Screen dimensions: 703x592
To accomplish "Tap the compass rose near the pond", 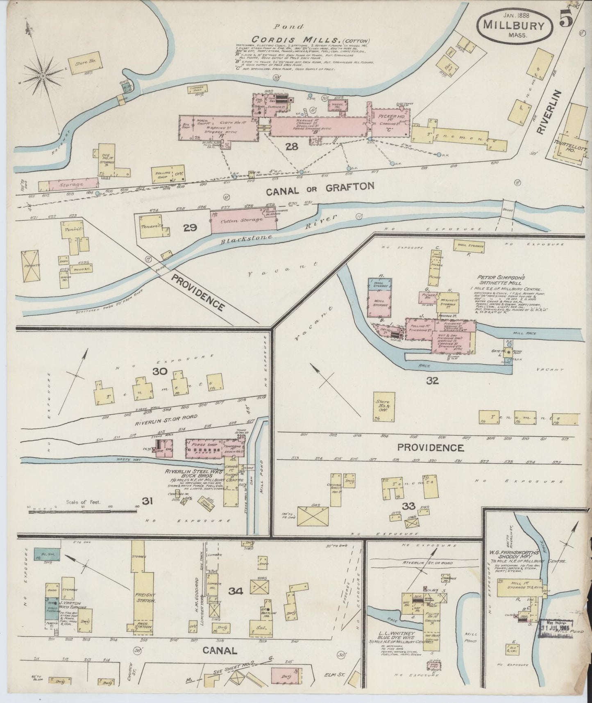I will (43, 76).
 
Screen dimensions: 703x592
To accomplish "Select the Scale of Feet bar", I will (82, 511).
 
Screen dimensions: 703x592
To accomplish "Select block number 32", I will (432, 381).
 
